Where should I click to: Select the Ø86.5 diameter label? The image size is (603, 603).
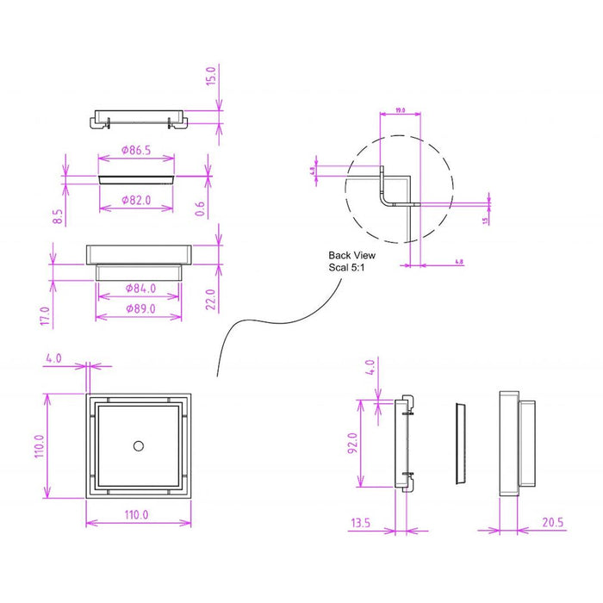coord(137,150)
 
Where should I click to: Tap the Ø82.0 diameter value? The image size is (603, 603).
coord(137,201)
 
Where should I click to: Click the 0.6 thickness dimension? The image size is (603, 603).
coord(200,208)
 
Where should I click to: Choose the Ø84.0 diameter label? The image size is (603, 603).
coord(140,288)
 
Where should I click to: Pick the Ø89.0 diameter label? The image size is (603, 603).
coord(140,308)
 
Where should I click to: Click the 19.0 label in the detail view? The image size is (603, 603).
coord(400,111)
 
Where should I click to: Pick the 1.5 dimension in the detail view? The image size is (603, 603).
coord(486,220)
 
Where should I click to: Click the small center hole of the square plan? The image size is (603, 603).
coord(139,444)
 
